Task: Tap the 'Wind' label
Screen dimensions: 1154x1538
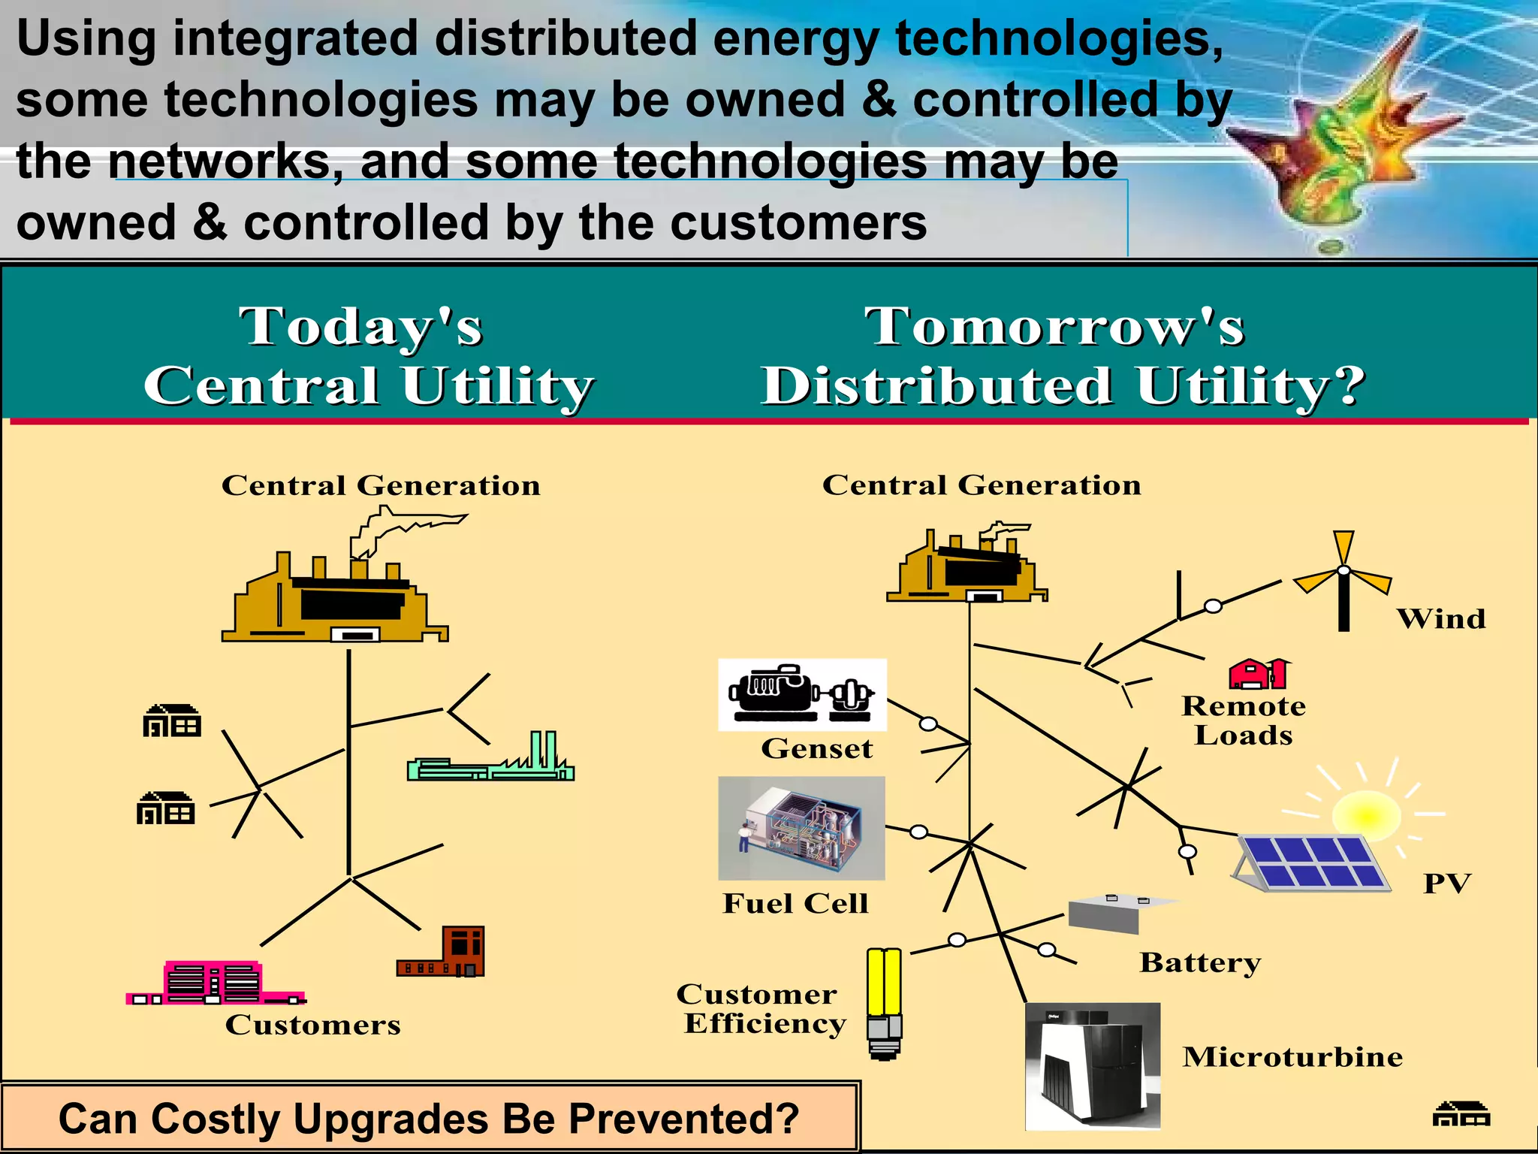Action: coord(1440,619)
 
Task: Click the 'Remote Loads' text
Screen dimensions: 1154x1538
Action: coord(1244,720)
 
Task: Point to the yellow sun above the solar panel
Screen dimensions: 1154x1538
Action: coord(1366,815)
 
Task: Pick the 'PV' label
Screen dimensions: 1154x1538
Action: coord(1447,884)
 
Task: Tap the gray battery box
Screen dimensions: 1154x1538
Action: coord(1112,913)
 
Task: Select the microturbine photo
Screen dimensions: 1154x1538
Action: coord(1093,1065)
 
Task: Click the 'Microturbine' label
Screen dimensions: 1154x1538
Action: coord(1292,1057)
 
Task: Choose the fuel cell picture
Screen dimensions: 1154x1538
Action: coord(801,828)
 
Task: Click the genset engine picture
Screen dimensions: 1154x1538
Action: coord(802,695)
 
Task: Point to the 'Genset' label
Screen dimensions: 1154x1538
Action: coord(816,748)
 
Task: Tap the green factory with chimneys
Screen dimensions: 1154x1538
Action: coord(491,760)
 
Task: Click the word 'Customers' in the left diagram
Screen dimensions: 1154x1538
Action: coord(312,1025)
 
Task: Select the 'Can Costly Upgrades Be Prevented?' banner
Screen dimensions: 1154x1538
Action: coord(429,1118)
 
